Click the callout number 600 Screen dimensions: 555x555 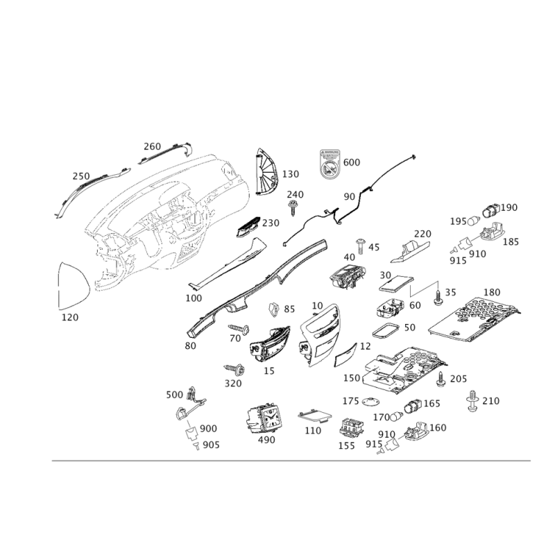click(352, 162)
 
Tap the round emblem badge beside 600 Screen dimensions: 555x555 click(332, 167)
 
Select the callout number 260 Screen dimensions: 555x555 click(152, 146)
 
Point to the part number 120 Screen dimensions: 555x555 click(70, 316)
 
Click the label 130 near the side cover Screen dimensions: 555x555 click(290, 173)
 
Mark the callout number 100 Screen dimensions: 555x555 click(194, 298)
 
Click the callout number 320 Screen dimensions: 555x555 click(233, 382)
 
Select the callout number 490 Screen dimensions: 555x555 click(266, 440)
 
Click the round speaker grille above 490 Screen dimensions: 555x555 click(264, 418)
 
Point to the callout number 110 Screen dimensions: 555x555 click(313, 431)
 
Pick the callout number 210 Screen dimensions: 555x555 click(491, 400)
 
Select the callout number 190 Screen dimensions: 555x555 click(511, 207)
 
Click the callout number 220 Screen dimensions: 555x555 click(422, 234)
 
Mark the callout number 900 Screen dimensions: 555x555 click(207, 428)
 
